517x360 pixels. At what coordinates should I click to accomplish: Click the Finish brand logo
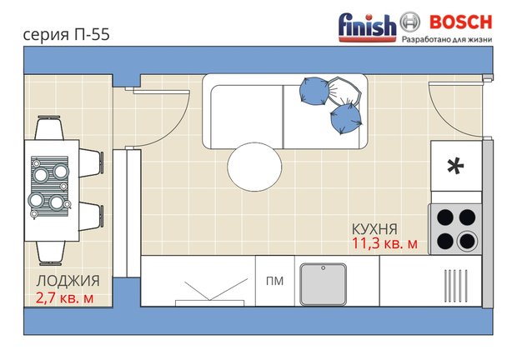(x=367, y=27)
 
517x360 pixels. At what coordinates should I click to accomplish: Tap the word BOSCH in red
(x=460, y=22)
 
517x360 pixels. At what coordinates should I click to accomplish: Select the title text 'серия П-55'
(x=66, y=35)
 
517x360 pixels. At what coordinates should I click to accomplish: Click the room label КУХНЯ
(x=374, y=229)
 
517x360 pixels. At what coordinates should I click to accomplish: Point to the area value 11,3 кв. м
(x=384, y=243)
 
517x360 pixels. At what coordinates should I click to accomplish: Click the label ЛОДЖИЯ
(x=68, y=282)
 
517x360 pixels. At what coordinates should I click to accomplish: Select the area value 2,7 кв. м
(x=65, y=297)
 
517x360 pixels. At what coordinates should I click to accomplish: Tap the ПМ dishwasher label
(x=274, y=281)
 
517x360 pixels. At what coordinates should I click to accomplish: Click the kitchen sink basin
(x=324, y=284)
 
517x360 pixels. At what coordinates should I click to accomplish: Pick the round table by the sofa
(x=254, y=167)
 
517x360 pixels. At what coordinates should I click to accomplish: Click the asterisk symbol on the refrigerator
(x=455, y=167)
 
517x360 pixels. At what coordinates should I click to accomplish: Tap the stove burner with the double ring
(x=467, y=242)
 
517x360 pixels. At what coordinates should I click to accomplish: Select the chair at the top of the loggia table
(x=49, y=127)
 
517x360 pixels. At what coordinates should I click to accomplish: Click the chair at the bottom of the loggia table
(x=50, y=253)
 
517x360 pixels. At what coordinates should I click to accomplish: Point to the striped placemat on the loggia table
(x=50, y=186)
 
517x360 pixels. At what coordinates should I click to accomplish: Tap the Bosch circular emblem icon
(x=410, y=22)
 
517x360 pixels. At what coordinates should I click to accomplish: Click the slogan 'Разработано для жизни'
(x=447, y=39)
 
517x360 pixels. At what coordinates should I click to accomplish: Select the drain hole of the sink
(x=324, y=268)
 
